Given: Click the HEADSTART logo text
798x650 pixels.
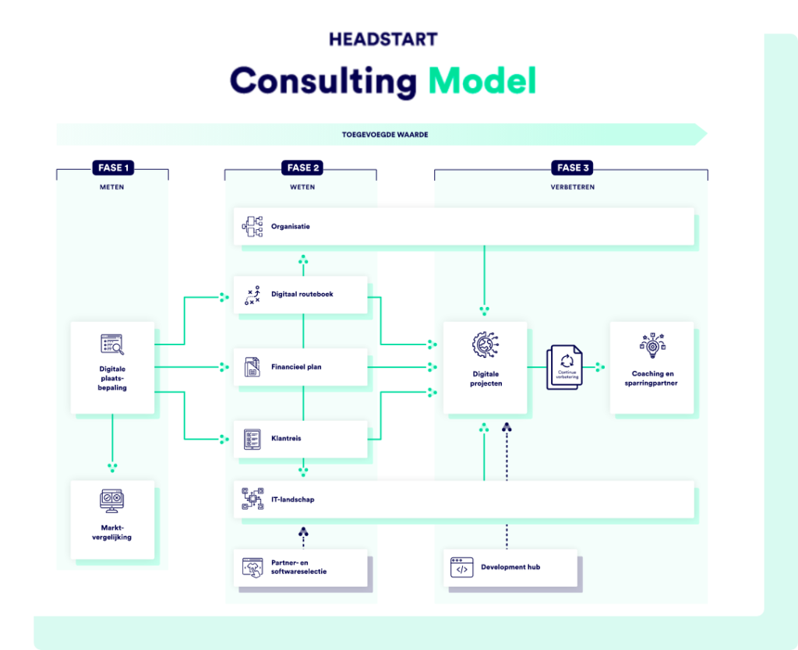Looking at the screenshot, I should (x=383, y=39).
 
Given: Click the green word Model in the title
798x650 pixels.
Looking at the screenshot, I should (x=482, y=81).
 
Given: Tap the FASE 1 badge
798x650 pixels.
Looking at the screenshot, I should (x=112, y=168).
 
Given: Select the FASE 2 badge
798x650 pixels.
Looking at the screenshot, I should (x=303, y=168).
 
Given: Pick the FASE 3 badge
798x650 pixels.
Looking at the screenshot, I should (x=574, y=168).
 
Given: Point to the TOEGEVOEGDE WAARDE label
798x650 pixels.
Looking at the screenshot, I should (x=385, y=135).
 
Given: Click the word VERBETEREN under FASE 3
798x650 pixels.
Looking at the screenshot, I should (x=572, y=187).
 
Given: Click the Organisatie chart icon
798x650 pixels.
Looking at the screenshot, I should (x=252, y=227).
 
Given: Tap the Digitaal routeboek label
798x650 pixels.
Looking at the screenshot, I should (x=302, y=295).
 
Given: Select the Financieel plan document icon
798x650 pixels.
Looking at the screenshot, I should (x=252, y=366).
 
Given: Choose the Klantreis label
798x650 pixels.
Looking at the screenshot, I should (x=286, y=439).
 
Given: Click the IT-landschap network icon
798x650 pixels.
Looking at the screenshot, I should (x=252, y=500).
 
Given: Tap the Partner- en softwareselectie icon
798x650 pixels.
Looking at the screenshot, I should (x=252, y=567).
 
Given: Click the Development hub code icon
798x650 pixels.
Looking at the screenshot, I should (x=461, y=567).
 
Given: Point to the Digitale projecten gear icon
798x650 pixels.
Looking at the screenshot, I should (x=486, y=345).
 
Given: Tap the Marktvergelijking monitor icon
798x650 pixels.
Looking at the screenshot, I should (x=112, y=500).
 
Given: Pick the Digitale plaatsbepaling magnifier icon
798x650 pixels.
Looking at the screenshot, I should (x=112, y=344).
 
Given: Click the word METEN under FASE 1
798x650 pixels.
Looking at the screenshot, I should (x=112, y=187).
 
